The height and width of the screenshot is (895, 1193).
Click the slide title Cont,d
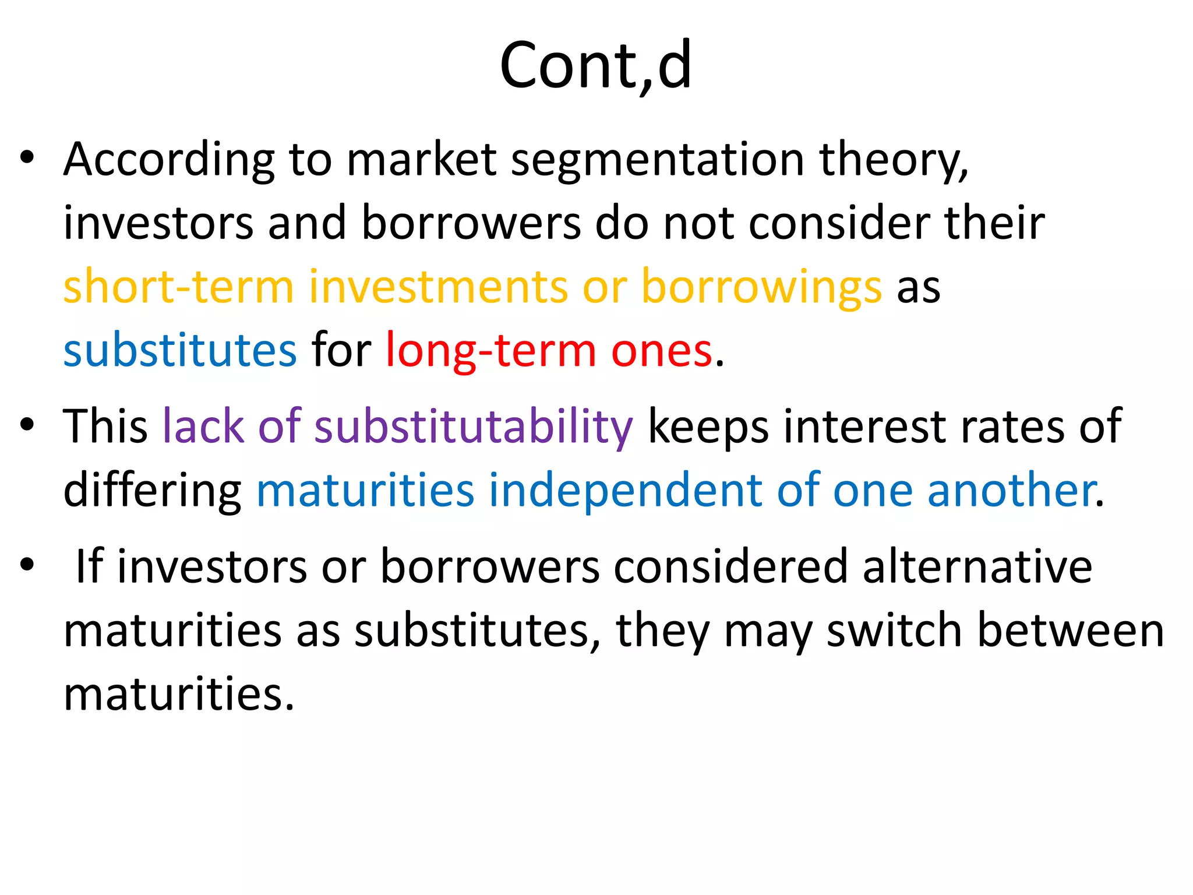coord(595,65)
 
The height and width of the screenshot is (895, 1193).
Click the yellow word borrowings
coord(761,287)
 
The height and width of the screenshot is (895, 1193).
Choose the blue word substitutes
coord(180,350)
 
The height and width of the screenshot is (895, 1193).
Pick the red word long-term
coord(491,350)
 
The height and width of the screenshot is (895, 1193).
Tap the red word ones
coord(661,350)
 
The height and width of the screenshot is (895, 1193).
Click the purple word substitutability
coord(473,427)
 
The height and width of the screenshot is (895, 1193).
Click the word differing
coord(152,491)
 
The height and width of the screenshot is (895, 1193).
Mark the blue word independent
coord(625,491)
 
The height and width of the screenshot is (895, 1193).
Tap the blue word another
coord(1012,491)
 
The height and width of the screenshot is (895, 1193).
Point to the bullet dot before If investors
coord(27,564)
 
